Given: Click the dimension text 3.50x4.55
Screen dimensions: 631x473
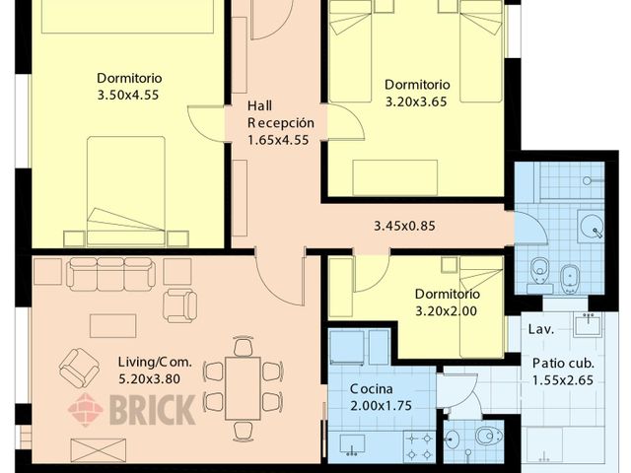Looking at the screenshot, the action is pos(128,95).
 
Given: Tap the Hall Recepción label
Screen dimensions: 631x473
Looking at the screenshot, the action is pos(280,114).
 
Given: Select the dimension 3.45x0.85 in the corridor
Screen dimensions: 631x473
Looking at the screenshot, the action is pos(404,226).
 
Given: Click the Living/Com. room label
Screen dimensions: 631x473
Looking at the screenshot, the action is pos(155,362).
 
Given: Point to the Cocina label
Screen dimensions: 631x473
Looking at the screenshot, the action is pos(371,389).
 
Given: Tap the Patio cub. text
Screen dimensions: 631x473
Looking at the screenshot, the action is pos(563,364).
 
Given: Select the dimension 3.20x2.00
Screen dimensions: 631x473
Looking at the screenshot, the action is pos(446,311).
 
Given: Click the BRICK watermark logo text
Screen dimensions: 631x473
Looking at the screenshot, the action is pos(153,410).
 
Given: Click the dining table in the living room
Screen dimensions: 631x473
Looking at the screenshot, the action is pos(243,388).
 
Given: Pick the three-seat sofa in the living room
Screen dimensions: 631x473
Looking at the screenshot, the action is pos(110,274).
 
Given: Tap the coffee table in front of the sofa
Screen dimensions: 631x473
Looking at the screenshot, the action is pos(113,326).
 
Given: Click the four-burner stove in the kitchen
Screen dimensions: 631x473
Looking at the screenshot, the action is pos(419,446).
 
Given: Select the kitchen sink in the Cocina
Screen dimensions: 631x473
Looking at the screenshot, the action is pos(352,444).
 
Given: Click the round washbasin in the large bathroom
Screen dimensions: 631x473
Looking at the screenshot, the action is pos(591,226).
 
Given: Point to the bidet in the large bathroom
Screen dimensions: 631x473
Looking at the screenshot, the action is pos(570,279).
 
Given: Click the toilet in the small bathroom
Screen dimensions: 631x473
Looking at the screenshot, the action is pos(488,436).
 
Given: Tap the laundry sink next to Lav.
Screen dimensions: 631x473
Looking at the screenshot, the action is pos(588,323).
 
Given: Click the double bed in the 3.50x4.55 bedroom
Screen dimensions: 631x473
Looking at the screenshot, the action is pos(126,191).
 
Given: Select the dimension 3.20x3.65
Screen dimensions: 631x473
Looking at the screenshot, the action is pos(416,101).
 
